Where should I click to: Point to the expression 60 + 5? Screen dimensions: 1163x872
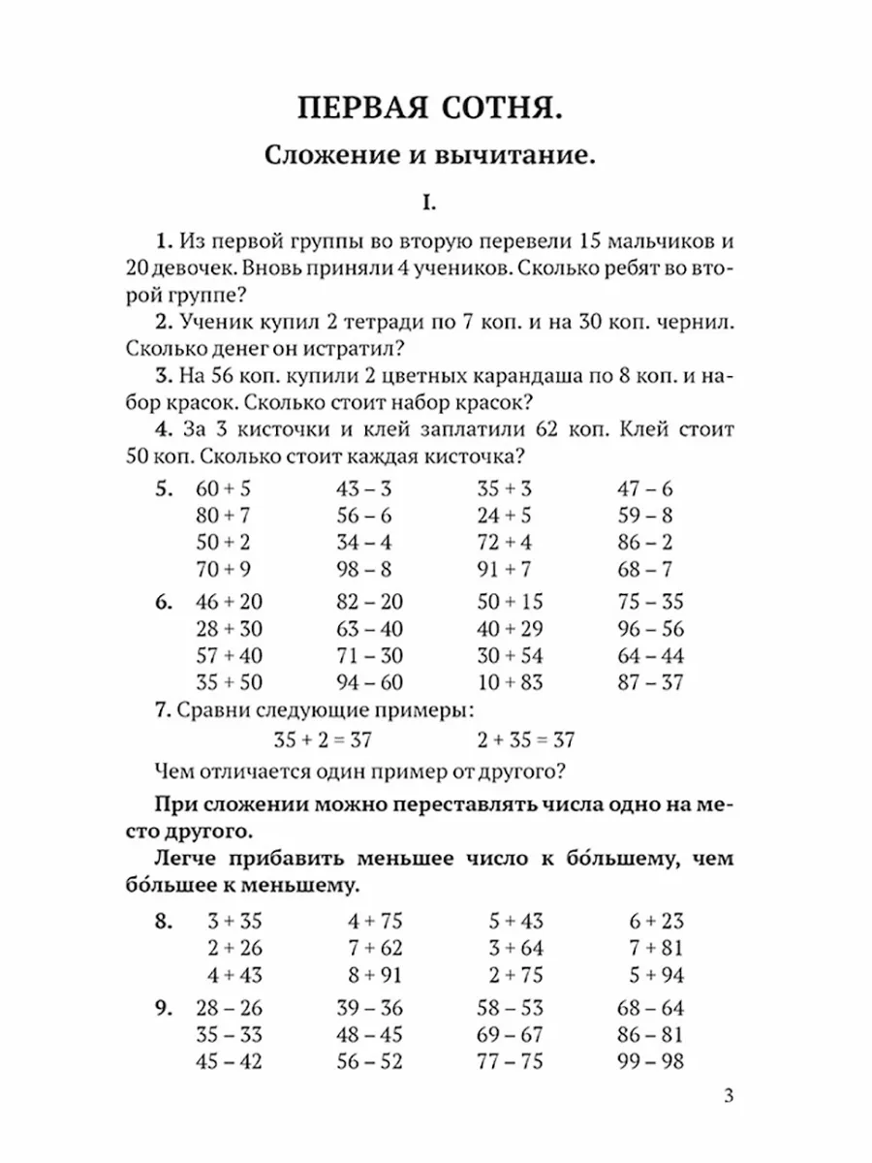[x=223, y=488]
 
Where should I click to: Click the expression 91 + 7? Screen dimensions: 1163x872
[x=504, y=569]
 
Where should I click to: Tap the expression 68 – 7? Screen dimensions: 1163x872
[x=644, y=569]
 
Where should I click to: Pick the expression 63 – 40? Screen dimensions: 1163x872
[x=367, y=628]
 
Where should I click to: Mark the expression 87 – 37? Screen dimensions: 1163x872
[x=650, y=681]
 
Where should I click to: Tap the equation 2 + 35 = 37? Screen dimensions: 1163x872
[x=526, y=740]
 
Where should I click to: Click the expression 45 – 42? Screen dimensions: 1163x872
[x=229, y=1061]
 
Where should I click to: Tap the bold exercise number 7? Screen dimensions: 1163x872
[x=161, y=710]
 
